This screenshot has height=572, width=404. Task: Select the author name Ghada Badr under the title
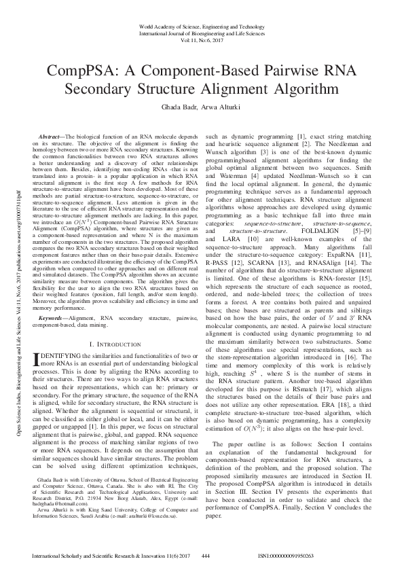pyautogui.click(x=177, y=107)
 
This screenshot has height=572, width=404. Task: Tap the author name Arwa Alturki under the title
pyautogui.click(x=221, y=107)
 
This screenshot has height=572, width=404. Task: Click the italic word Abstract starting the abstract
pyautogui.click(x=52, y=137)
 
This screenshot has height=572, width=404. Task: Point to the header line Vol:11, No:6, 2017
pyautogui.click(x=202, y=40)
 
